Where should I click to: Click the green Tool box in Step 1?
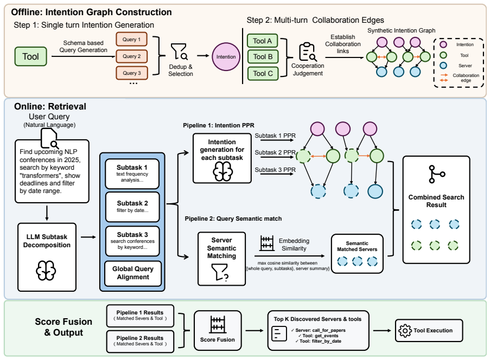[x=30, y=56]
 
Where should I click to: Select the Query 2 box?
[x=131, y=56]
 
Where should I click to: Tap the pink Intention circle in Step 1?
[x=226, y=56]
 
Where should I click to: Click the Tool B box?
[x=263, y=56]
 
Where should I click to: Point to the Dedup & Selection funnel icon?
[x=179, y=52]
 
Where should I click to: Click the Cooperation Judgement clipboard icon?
[x=308, y=52]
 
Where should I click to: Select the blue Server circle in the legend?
[x=443, y=66]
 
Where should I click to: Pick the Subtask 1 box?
[x=132, y=173]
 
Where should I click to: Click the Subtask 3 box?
[x=132, y=241]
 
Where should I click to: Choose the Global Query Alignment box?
[x=133, y=273]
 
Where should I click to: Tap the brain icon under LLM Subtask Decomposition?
[x=46, y=271]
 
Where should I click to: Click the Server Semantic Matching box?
[x=221, y=259]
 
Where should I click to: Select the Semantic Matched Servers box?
[x=357, y=254]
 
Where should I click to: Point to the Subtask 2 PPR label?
[x=275, y=152]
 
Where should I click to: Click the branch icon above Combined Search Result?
[x=436, y=174]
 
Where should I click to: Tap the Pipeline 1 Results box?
[x=140, y=316]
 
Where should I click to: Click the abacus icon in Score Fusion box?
[x=218, y=324]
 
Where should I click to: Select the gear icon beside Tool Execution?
[x=405, y=330]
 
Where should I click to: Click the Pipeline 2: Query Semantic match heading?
[x=233, y=218]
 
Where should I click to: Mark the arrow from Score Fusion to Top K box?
[x=254, y=330]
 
